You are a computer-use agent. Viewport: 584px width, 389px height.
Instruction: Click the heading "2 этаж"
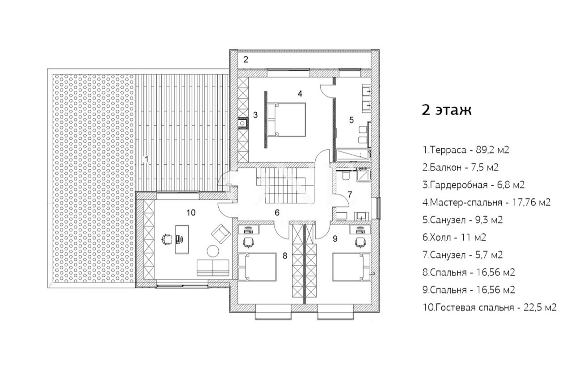pos(447,110)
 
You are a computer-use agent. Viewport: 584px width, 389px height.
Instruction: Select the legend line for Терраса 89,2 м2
pos(466,150)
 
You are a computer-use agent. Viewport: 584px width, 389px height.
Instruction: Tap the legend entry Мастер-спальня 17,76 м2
pos(487,202)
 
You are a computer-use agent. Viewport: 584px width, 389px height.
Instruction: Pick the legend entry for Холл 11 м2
pos(454,237)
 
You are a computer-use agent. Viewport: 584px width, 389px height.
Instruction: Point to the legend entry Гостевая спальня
pos(489,308)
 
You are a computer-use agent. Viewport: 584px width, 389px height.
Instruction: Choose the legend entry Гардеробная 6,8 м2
pos(474,185)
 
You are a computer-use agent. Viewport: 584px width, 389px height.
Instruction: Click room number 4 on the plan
pos(300,94)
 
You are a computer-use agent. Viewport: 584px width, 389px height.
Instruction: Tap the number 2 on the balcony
pos(245,60)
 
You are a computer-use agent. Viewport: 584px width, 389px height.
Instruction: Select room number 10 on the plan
pos(191,213)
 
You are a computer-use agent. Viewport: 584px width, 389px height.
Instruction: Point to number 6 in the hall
pos(277,213)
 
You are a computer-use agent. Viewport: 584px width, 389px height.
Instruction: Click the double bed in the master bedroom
pos(287,120)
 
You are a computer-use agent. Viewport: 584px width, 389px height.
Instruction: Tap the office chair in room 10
pos(167,239)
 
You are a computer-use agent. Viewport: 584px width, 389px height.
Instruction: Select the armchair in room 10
pos(221,234)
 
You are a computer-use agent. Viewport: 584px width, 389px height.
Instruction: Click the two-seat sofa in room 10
pos(213,268)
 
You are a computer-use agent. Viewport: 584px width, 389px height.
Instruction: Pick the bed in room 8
pos(257,267)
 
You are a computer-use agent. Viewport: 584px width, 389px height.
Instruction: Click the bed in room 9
pos(351,267)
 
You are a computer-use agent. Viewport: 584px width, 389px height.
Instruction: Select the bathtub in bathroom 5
pos(352,155)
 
